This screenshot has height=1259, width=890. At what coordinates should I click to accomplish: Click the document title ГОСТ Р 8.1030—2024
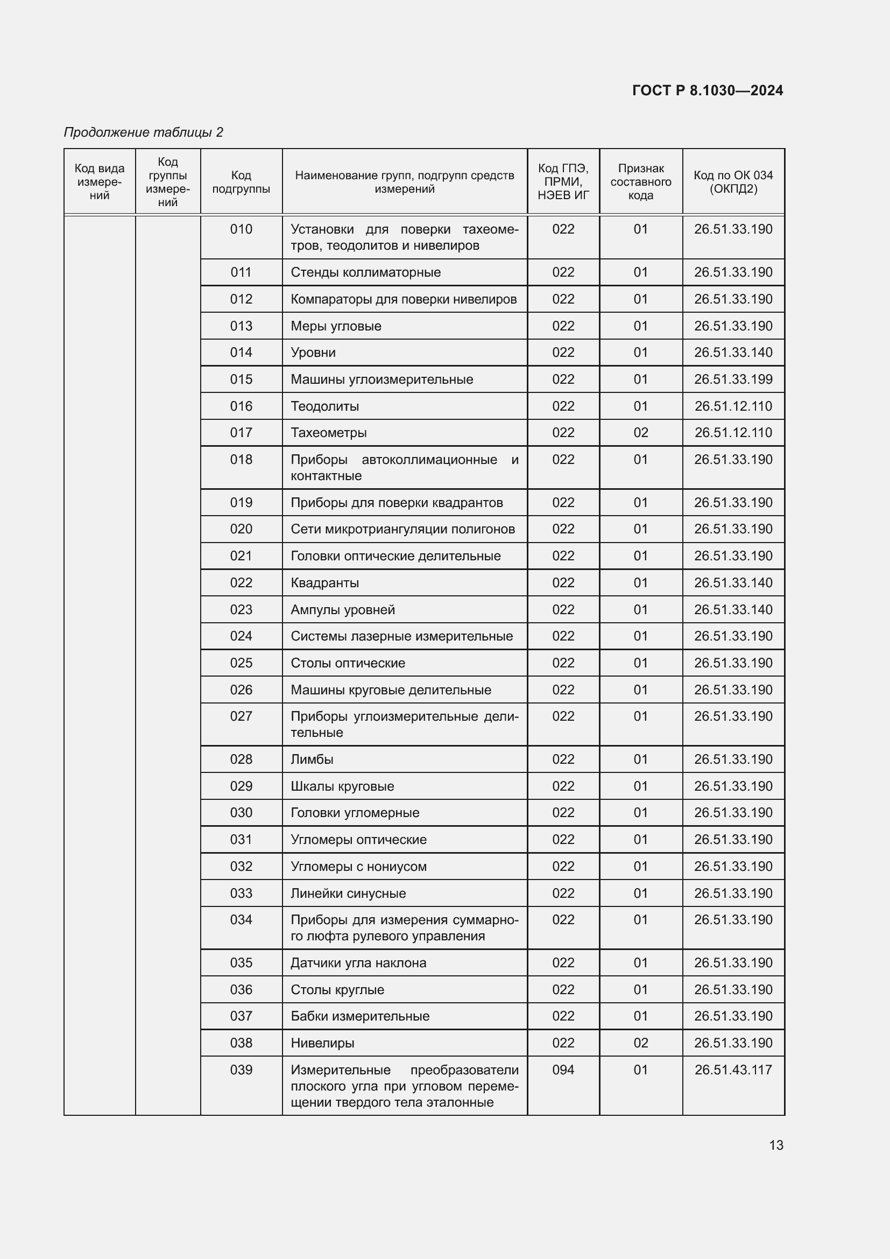point(707,90)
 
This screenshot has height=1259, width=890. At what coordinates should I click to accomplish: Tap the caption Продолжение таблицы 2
point(144,132)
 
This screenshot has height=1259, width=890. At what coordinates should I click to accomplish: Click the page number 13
point(775,1145)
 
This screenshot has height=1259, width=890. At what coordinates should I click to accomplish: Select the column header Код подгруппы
point(241,182)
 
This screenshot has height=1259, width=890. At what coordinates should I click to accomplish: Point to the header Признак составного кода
point(641,182)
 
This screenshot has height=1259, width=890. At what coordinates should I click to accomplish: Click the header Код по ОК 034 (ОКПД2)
point(733,182)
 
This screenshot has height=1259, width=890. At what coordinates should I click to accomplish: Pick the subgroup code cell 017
point(241,433)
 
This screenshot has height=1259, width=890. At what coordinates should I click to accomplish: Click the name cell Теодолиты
point(325,406)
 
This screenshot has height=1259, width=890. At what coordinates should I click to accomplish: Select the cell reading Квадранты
point(325,583)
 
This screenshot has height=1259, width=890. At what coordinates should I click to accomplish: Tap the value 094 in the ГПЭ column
point(563,1070)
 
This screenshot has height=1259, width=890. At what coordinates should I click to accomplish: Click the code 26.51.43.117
point(733,1070)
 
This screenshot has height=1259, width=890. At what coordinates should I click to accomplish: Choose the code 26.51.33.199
point(733,379)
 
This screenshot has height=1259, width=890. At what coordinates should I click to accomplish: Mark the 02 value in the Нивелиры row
point(641,1043)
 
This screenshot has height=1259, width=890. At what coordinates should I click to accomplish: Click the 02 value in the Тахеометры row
point(641,433)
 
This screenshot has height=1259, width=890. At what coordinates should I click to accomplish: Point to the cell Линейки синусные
point(348,894)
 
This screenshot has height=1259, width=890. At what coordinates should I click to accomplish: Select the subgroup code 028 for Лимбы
point(241,759)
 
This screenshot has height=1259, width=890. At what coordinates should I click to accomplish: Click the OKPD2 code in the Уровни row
point(733,353)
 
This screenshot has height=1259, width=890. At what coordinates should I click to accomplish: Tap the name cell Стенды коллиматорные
point(365,272)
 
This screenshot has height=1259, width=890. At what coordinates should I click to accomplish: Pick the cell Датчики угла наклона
point(358,963)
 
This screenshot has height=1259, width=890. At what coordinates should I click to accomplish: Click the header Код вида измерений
point(100,182)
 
